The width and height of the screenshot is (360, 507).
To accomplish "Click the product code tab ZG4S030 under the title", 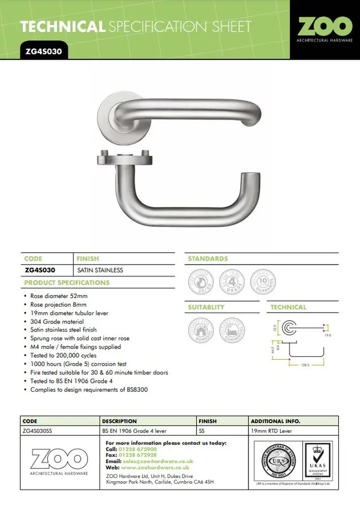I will pos(44,51).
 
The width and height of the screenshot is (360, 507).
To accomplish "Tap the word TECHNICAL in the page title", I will pos(62,26).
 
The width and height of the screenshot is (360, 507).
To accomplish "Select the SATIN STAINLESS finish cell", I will pos(100,270).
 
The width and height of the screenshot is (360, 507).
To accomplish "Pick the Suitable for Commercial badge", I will pos(231,330).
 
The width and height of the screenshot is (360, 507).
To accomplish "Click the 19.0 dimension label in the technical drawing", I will pos(328,335).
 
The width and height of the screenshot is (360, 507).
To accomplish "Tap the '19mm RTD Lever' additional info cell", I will pos(271,431).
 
